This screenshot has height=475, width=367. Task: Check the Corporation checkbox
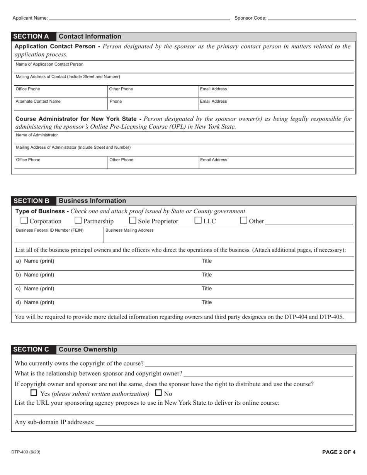(24, 221)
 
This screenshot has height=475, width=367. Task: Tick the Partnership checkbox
(78, 221)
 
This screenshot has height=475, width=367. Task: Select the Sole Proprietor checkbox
(133, 221)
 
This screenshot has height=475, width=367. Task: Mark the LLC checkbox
(198, 221)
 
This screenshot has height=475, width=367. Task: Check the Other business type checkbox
(244, 221)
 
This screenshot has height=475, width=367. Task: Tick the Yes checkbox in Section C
(34, 394)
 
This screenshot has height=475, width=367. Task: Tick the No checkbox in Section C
(158, 394)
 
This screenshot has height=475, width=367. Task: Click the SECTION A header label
(31, 37)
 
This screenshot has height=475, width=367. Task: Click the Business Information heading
(92, 201)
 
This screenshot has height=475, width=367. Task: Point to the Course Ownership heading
(88, 349)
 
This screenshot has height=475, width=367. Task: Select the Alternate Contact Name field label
(38, 102)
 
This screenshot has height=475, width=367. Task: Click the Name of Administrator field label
(37, 135)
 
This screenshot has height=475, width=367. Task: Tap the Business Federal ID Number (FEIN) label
(49, 230)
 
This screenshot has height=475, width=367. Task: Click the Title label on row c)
(207, 288)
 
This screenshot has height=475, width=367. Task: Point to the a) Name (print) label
(35, 261)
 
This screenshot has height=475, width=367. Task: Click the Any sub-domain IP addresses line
(224, 422)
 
